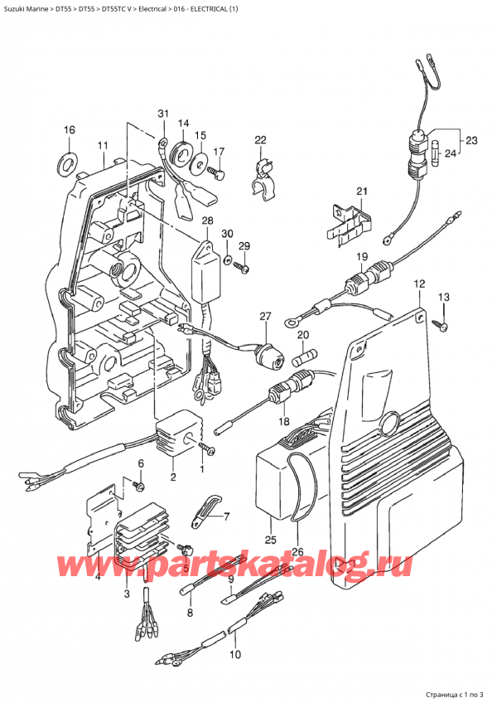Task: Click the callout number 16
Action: pyautogui.click(x=70, y=130)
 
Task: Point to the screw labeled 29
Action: pyautogui.click(x=239, y=267)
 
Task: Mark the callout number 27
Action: pyautogui.click(x=265, y=317)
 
